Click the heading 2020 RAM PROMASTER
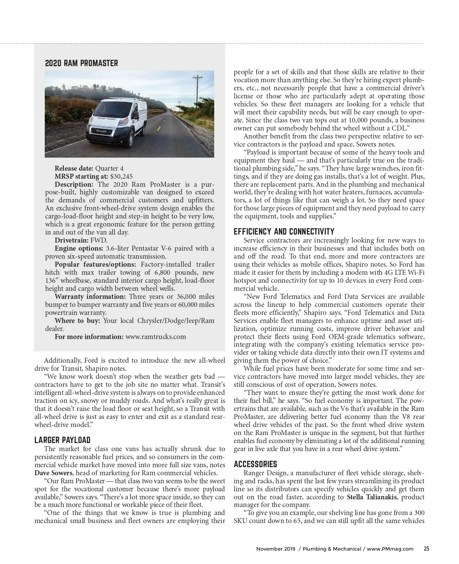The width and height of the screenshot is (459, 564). (x=81, y=63)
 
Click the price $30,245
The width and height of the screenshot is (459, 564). (x=121, y=176)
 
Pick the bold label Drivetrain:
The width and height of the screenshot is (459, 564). (x=72, y=240)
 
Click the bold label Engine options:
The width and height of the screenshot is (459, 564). (x=78, y=248)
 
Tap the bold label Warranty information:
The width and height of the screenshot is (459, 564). (x=90, y=297)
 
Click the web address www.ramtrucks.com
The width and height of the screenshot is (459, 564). (x=156, y=337)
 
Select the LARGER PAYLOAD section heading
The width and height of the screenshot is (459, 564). (x=62, y=440)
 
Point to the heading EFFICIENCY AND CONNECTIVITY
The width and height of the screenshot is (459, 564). (x=284, y=231)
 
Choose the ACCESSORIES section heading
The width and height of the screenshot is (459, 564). (x=256, y=464)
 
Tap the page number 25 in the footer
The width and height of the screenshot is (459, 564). (x=426, y=548)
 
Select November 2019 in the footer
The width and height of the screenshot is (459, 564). (x=275, y=549)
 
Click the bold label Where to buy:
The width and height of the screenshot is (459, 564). (x=77, y=321)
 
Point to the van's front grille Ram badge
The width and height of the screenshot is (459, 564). (x=101, y=131)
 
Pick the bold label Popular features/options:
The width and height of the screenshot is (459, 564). (x=95, y=264)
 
